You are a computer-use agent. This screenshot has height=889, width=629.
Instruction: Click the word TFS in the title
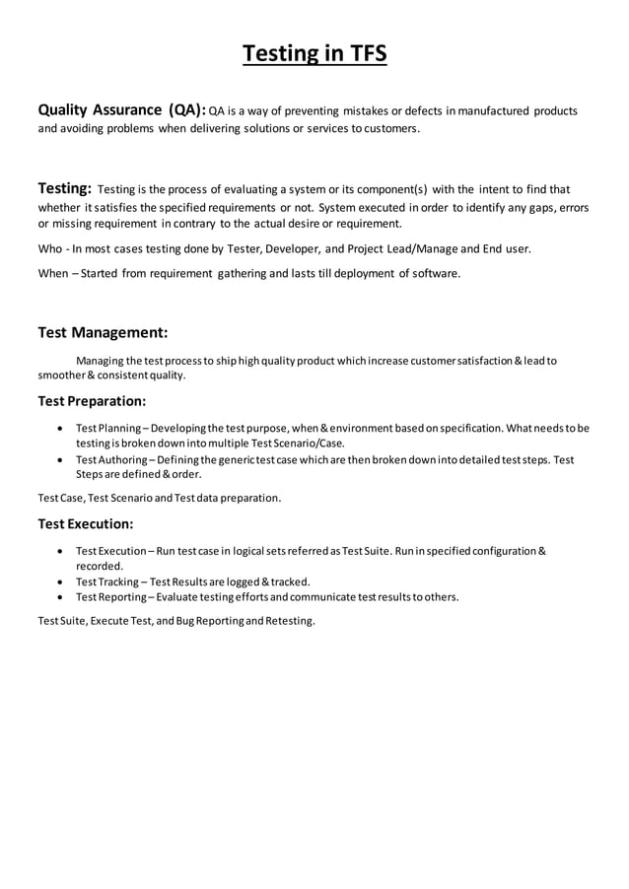pos(363,53)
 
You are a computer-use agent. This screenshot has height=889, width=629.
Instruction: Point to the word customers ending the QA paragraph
pos(385,129)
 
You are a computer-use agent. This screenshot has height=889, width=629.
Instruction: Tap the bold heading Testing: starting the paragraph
pos(65,188)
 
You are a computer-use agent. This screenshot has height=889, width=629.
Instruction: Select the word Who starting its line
pos(50,249)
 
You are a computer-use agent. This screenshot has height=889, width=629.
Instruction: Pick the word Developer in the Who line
pos(290,249)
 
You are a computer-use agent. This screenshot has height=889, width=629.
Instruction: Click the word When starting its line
pos(53,273)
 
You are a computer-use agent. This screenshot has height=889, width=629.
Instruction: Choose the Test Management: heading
pos(103,332)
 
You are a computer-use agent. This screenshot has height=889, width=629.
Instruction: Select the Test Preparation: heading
pos(92,401)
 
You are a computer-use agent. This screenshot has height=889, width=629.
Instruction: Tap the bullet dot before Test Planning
pos(62,428)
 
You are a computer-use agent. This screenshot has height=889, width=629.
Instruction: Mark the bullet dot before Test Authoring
pos(62,460)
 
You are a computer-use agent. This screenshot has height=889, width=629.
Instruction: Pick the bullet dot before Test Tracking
pos(62,581)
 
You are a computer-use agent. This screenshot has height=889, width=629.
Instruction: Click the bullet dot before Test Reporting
pos(62,597)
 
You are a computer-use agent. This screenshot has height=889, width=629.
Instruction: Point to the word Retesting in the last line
pos(288,621)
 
